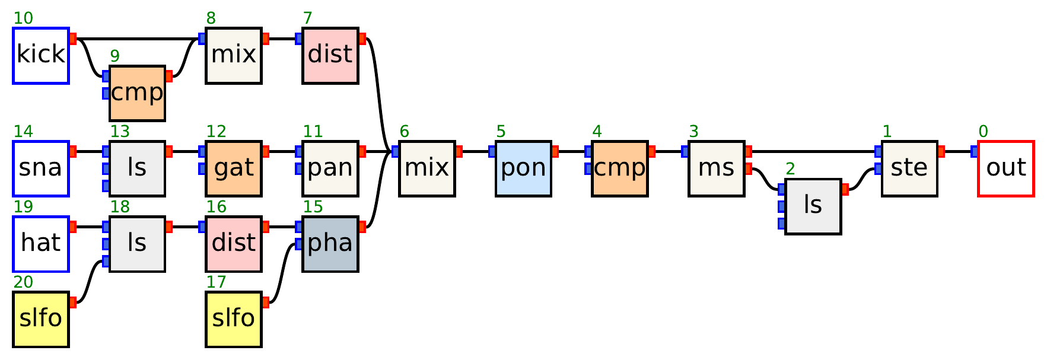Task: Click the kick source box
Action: pos(41,56)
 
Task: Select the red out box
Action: pos(1005,169)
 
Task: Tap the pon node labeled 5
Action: pos(523,169)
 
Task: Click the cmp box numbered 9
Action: pos(137,94)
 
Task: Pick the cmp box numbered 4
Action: pos(619,169)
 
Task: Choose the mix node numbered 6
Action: pos(427,169)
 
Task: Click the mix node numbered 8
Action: pos(234,56)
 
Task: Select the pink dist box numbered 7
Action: pos(330,56)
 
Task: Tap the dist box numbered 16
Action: pos(234,244)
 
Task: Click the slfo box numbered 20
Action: pos(41,320)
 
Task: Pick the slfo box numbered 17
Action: pos(234,320)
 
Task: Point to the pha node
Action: pos(330,244)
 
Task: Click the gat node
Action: pos(234,169)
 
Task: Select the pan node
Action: pos(330,169)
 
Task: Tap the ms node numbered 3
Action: pos(716,169)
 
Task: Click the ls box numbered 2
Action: pos(813,207)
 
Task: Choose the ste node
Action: pos(909,169)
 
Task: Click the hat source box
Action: pos(41,244)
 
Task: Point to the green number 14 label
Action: pos(23,132)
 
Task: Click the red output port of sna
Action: pos(73,152)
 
